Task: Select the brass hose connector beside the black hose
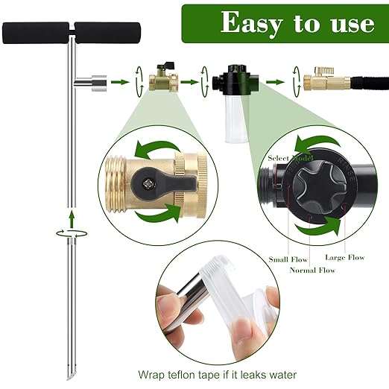[x=322, y=79]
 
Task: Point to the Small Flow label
[x=287, y=259]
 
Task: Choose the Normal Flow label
[x=311, y=269]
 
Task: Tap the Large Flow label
[x=345, y=257]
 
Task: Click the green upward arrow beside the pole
[x=71, y=218]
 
